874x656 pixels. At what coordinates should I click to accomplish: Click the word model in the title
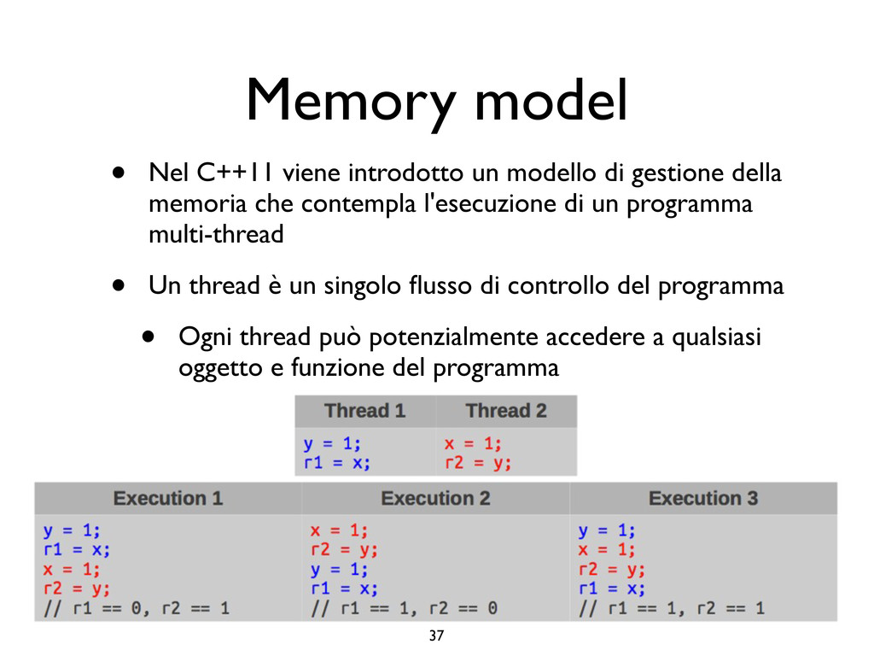pos(551,101)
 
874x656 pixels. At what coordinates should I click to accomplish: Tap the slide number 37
pos(436,635)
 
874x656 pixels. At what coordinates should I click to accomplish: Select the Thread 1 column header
pos(364,411)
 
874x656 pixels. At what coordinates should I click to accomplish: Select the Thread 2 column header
pos(506,411)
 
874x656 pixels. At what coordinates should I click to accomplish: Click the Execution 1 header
pos(168,498)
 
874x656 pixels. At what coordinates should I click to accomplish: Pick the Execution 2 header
pos(435,498)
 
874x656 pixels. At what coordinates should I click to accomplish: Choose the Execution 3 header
pos(703,498)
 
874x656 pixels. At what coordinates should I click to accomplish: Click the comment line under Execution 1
pos(137,609)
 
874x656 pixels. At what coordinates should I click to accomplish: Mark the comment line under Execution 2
pos(405,609)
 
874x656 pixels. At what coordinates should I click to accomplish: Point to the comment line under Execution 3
pos(672,609)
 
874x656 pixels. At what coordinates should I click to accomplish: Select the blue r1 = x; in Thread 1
pos(338,464)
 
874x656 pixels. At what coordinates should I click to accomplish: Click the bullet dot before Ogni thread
pos(148,337)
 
